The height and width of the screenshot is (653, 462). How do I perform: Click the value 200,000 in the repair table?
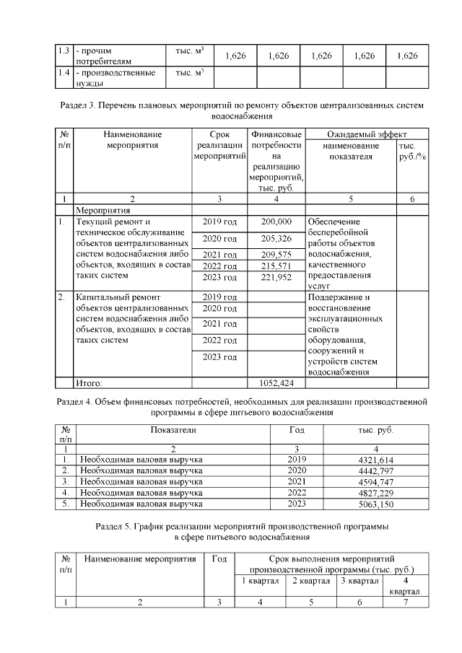tap(277, 222)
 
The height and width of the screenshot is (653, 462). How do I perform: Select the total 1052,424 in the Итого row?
tap(277, 382)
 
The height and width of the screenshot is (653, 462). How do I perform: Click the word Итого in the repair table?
tap(90, 382)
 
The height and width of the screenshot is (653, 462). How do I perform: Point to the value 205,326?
tap(277, 238)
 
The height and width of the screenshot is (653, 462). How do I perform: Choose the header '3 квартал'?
tap(359, 582)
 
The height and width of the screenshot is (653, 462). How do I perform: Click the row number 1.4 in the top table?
tap(63, 73)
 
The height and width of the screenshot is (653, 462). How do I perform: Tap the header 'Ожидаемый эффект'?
tap(367, 134)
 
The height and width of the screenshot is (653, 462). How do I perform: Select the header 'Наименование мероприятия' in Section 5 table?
tap(139, 558)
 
